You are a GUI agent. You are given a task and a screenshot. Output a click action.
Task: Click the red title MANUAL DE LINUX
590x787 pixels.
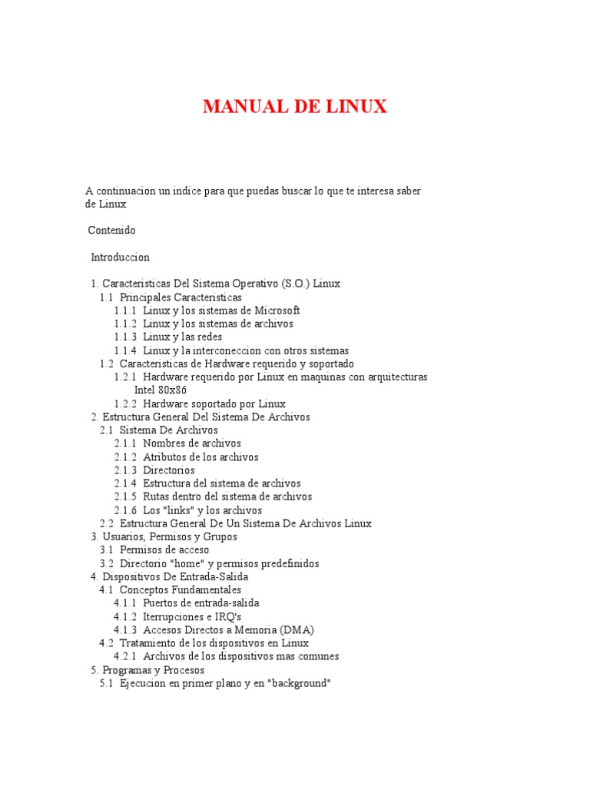pos(295,106)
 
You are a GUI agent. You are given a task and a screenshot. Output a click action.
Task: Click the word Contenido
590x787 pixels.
pos(111,230)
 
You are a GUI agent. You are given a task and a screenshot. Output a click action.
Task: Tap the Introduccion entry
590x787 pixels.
pos(120,257)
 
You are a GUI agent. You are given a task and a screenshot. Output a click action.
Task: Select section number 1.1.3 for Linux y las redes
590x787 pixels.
pos(125,337)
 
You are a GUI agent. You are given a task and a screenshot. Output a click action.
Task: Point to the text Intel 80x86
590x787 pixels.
pos(161,390)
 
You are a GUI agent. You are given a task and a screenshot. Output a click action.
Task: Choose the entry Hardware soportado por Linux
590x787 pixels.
pos(214,403)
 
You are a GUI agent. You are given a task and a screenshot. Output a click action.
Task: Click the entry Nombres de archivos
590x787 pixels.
pos(192,443)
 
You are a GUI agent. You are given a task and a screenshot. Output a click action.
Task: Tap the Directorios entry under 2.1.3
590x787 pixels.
pos(169,470)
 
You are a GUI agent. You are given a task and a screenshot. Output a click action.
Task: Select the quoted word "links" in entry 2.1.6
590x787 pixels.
pos(177,510)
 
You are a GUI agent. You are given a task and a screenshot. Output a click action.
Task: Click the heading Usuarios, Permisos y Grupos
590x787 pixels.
pos(170,536)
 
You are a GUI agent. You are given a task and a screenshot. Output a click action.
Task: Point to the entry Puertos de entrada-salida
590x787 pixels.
pos(201,603)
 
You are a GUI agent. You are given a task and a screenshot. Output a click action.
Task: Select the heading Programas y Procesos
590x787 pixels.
pos(154,670)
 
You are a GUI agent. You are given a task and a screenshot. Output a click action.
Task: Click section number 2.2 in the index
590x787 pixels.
pos(107,523)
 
